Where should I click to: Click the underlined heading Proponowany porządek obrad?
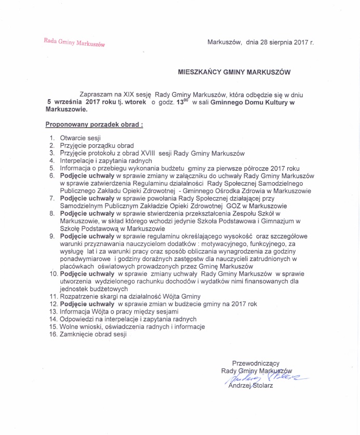pos(94,125)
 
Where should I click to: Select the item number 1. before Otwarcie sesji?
pos(52,139)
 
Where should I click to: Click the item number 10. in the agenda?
pos(53,274)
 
